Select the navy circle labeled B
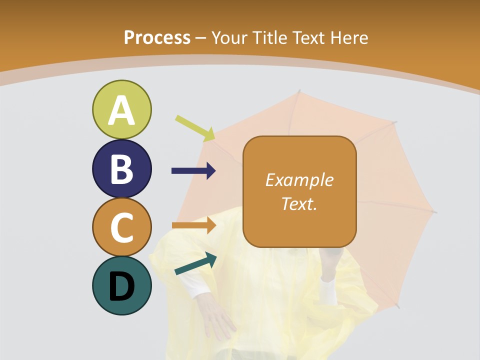pyautogui.click(x=121, y=168)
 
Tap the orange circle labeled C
pyautogui.click(x=121, y=227)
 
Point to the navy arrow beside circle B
pyautogui.click(x=193, y=171)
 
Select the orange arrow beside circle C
pyautogui.click(x=193, y=225)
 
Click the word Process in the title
pyautogui.click(x=157, y=37)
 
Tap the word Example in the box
pyautogui.click(x=299, y=180)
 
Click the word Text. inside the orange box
pyautogui.click(x=299, y=204)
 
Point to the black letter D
pyautogui.click(x=121, y=286)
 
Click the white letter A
pyautogui.click(x=121, y=110)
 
